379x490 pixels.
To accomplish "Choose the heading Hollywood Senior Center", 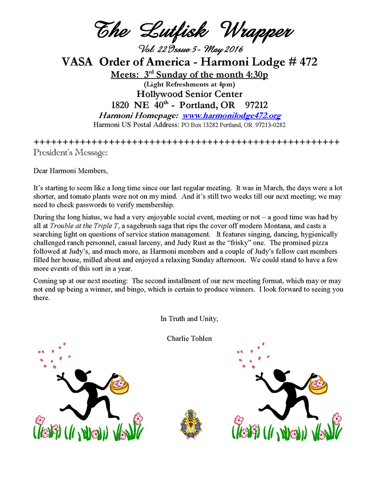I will pyautogui.click(x=189, y=94).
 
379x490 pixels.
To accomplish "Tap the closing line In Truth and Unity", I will pyautogui.click(x=189, y=319).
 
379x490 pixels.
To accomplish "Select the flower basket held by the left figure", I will pyautogui.click(x=119, y=384).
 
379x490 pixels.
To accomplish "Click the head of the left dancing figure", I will pyautogui.click(x=81, y=376).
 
